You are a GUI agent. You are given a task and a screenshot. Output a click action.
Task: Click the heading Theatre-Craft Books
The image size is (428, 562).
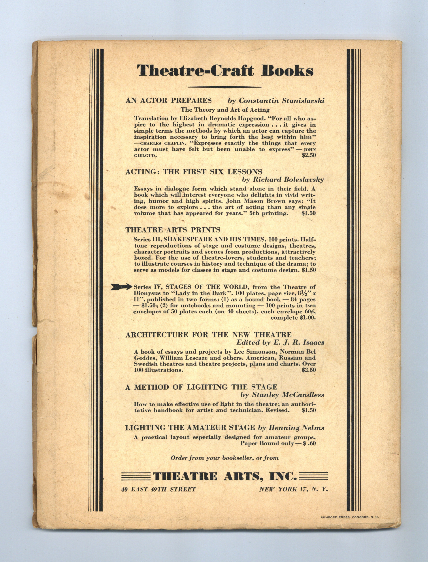pyautogui.click(x=225, y=70)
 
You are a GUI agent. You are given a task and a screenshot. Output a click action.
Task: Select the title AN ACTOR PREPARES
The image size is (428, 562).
pyautogui.click(x=168, y=100)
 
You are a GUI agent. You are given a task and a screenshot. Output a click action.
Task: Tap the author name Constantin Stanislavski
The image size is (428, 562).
pyautogui.click(x=276, y=101)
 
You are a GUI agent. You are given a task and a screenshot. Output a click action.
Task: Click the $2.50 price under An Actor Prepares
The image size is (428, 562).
pyautogui.click(x=309, y=155)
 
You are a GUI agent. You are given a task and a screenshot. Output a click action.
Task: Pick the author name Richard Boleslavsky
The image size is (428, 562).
pyautogui.click(x=283, y=180)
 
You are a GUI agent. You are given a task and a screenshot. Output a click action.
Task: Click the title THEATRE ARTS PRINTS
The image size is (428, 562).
pyautogui.click(x=173, y=230)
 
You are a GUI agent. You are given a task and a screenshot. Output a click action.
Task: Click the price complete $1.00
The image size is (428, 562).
pyautogui.click(x=293, y=318)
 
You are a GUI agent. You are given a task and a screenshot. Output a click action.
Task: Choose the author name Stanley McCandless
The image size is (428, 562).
pyautogui.click(x=282, y=395)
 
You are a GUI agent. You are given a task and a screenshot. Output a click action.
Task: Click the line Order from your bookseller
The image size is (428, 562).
pyautogui.click(x=225, y=458)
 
